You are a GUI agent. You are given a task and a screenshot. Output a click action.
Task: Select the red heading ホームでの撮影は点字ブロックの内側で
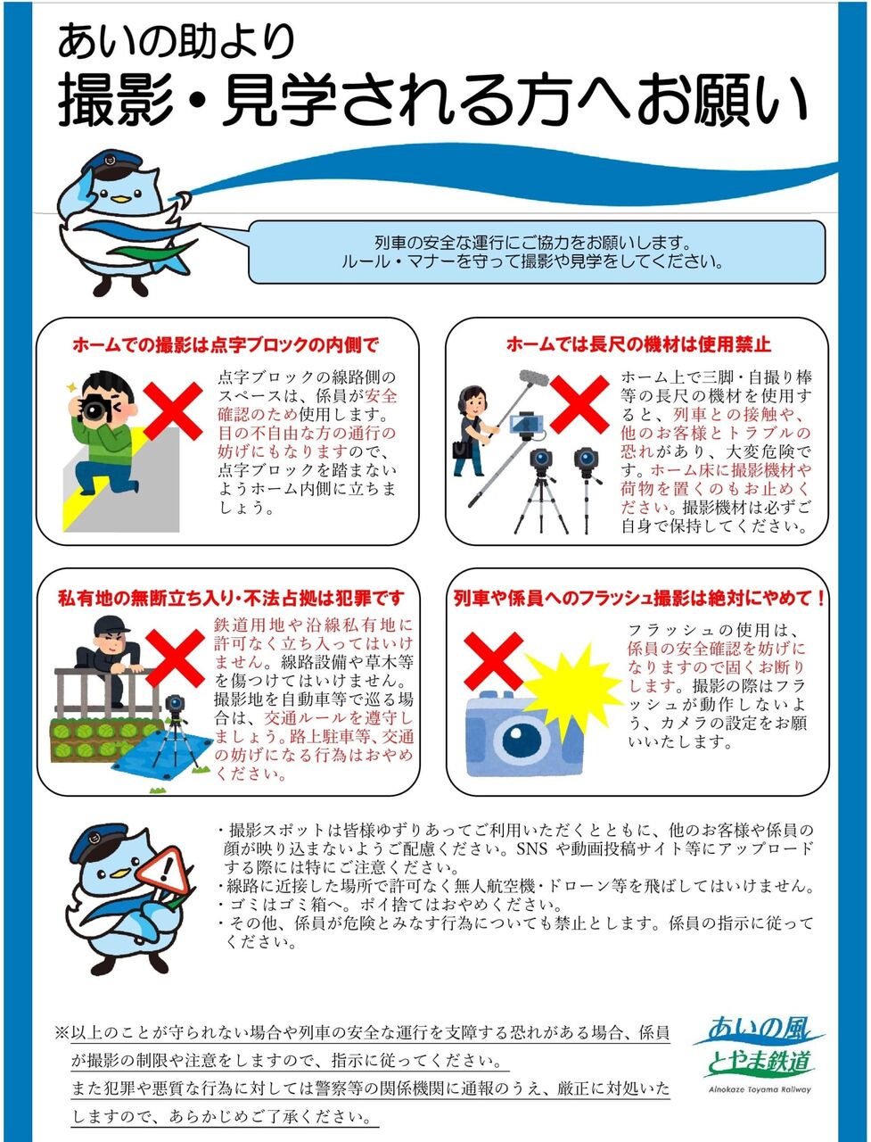[226, 344]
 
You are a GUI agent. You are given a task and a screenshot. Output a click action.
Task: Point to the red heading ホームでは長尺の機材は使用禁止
[637, 344]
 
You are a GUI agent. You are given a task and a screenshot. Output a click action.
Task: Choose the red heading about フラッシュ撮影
[639, 598]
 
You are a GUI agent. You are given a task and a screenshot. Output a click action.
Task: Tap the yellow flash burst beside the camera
[573, 688]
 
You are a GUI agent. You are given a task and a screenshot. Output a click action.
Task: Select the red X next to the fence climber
[175, 657]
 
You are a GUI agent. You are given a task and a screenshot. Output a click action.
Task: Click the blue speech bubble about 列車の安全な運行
[535, 252]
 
